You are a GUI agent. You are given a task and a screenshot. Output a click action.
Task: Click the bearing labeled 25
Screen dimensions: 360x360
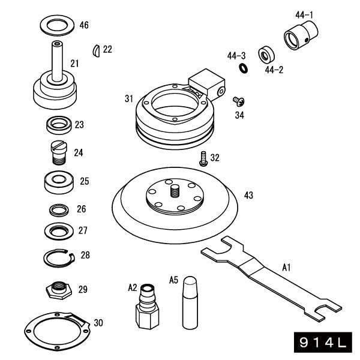pyautogui.click(x=59, y=181)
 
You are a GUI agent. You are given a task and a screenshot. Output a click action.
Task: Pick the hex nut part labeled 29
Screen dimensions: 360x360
pyautogui.click(x=60, y=290)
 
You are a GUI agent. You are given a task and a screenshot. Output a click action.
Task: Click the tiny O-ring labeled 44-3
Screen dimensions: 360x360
pyautogui.click(x=243, y=68)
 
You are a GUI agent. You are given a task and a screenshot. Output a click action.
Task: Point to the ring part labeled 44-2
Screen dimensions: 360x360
pyautogui.click(x=266, y=55)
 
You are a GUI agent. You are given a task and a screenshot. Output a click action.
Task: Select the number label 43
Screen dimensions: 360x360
pyautogui.click(x=248, y=195)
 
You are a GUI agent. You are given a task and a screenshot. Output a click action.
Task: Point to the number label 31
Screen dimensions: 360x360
pyautogui.click(x=128, y=98)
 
